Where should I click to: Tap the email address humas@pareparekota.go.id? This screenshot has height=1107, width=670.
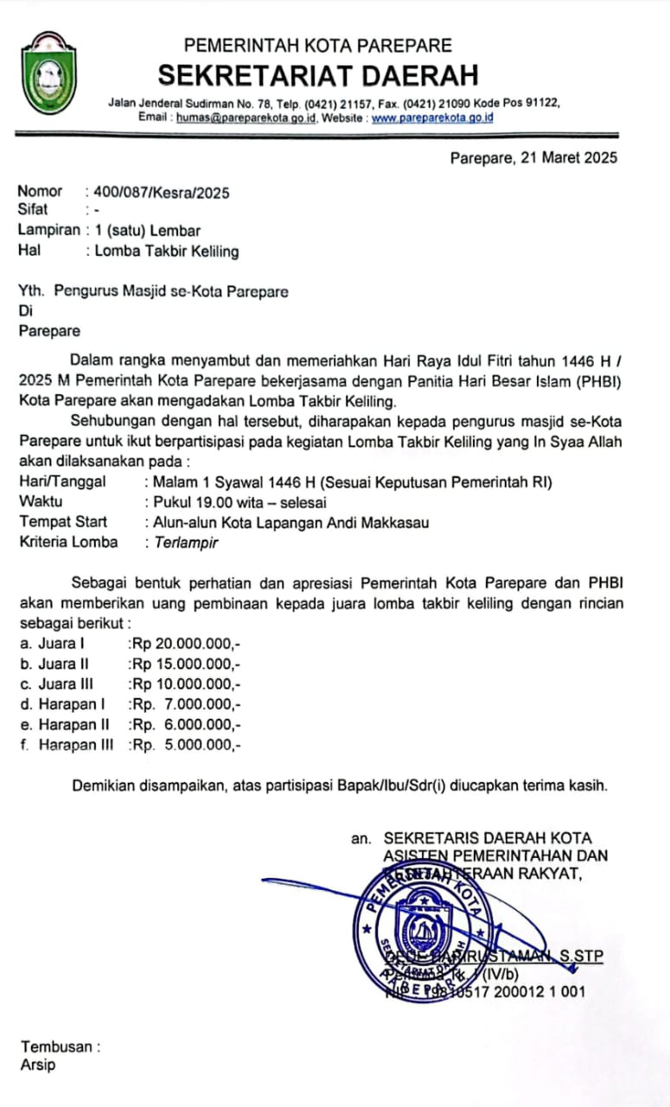[x=246, y=118]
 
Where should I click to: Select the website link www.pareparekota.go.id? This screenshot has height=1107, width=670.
[x=432, y=118]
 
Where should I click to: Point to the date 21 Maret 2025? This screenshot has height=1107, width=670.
[x=568, y=157]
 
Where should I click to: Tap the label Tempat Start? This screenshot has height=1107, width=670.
[x=63, y=522]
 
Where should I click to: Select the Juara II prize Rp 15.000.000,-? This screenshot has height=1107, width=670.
[x=184, y=664]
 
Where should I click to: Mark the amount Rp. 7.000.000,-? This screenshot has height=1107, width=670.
[x=184, y=705]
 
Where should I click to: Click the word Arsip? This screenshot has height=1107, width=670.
[x=37, y=1065]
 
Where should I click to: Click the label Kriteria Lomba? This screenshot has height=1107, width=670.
[x=68, y=543]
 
